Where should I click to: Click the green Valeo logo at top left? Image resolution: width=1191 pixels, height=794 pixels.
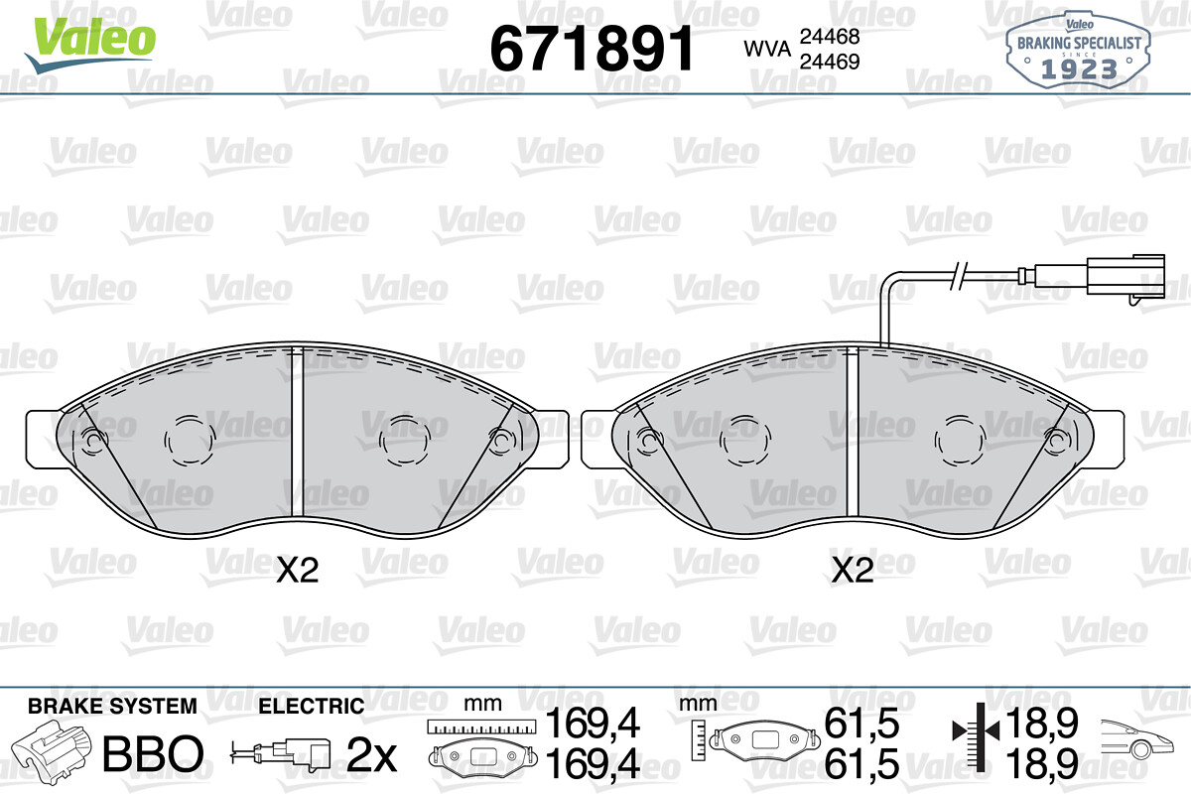coord(90,44)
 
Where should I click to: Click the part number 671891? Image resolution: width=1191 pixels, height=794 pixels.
coord(592,49)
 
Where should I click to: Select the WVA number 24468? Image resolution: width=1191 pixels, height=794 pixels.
coord(830,36)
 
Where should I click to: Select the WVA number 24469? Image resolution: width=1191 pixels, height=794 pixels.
coord(830,62)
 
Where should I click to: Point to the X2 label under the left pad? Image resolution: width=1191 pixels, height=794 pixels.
coord(297,571)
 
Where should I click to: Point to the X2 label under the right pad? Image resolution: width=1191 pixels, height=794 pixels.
coord(853,571)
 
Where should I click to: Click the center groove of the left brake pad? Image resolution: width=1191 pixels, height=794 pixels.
coord(297,432)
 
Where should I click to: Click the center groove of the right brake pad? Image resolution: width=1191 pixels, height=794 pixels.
coord(853,432)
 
